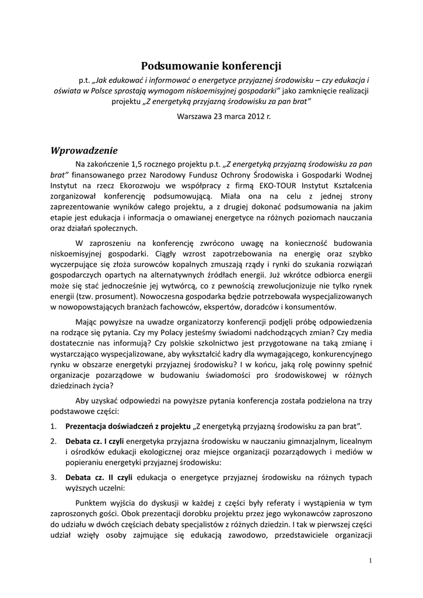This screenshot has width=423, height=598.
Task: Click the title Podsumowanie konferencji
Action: coord(211,66)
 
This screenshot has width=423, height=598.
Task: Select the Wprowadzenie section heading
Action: coord(85,149)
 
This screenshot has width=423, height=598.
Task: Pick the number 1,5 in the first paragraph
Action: coord(139,163)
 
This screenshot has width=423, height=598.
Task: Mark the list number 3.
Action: coord(53,477)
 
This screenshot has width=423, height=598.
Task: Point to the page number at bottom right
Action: coord(370,561)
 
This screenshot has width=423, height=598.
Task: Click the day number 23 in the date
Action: coord(219,116)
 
